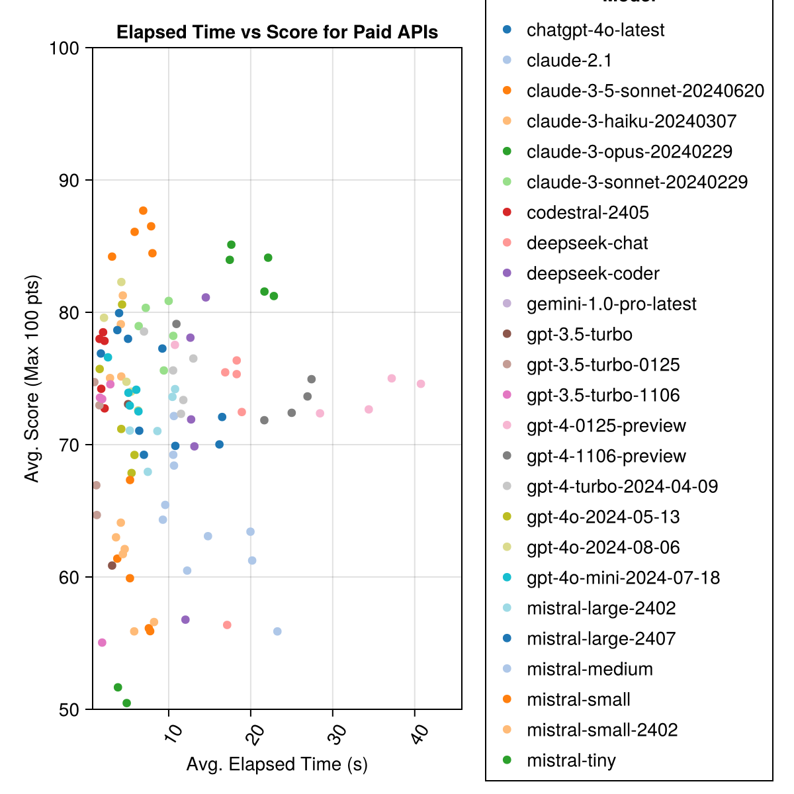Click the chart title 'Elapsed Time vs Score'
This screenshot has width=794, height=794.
tap(277, 32)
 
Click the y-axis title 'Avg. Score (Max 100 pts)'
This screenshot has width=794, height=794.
tap(32, 378)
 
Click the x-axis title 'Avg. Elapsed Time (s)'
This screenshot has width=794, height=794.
tap(277, 764)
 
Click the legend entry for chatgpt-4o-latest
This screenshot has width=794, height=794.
tap(595, 30)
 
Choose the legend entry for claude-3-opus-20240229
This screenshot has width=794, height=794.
tap(629, 152)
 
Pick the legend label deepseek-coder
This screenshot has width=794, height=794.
tap(593, 273)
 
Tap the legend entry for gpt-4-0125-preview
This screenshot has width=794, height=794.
tap(606, 425)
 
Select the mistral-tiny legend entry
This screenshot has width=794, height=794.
tap(571, 760)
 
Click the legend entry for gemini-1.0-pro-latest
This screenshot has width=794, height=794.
tap(611, 304)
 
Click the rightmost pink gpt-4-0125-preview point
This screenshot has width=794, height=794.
tap(421, 384)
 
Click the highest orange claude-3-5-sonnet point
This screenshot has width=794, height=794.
tap(143, 210)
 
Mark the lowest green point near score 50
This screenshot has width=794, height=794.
tap(126, 703)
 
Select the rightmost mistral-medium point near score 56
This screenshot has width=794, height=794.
tap(277, 631)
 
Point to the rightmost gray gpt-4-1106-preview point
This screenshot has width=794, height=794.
tap(312, 379)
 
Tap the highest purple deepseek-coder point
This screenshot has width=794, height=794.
tap(206, 297)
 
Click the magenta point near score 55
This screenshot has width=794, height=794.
tap(102, 642)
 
